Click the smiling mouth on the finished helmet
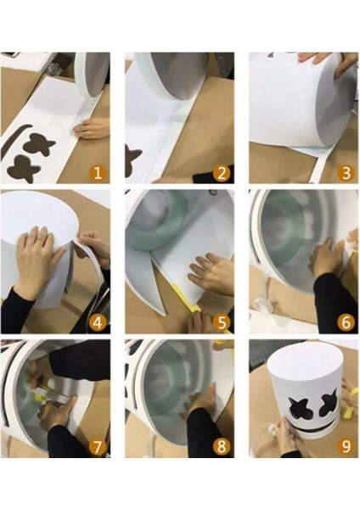(309, 429)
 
